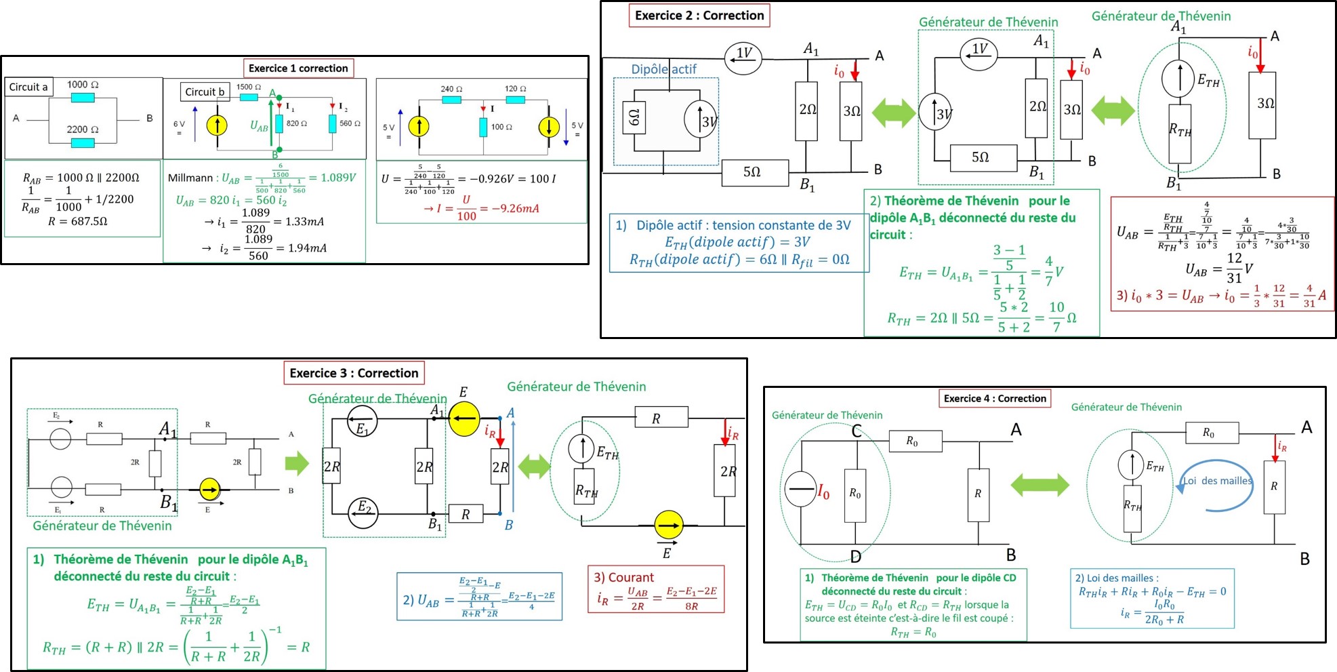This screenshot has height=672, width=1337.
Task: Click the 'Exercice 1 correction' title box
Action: coord(298,68)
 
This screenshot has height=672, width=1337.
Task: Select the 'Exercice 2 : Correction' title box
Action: coord(699,16)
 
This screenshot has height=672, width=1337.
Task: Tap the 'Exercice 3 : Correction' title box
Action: coord(354,373)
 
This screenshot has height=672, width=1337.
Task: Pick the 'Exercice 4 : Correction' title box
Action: coord(995,399)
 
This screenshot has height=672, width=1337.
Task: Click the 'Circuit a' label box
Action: coord(28,87)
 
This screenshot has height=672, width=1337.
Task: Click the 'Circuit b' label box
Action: coord(205,92)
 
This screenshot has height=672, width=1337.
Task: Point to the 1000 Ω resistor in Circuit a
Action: coord(83,98)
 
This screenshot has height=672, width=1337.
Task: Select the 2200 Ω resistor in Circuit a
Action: coord(83,142)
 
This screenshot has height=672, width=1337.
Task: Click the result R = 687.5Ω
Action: coord(78,221)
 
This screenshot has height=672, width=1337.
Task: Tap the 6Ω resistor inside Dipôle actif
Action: coord(634,119)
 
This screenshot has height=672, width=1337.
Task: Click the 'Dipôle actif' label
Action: coord(663,69)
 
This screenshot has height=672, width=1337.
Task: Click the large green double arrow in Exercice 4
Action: coord(1040,485)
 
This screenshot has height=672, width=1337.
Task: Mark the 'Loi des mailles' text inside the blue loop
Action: coord(1217,481)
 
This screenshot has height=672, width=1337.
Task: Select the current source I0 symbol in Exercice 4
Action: coord(801,490)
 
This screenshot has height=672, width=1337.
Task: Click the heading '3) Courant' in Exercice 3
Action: coord(623,578)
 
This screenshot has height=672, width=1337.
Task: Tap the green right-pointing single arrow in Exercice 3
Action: coord(297,464)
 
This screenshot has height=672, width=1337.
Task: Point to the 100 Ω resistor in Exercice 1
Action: coord(483,127)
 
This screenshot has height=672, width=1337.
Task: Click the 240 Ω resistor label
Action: coord(451,89)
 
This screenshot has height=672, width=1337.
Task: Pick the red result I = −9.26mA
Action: coord(481,209)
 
